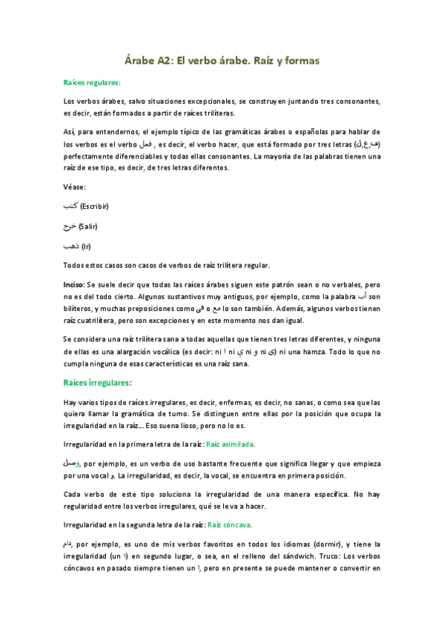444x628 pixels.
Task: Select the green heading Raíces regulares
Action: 93,83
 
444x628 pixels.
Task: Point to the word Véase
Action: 76,187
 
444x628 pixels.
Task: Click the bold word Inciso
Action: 76,284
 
